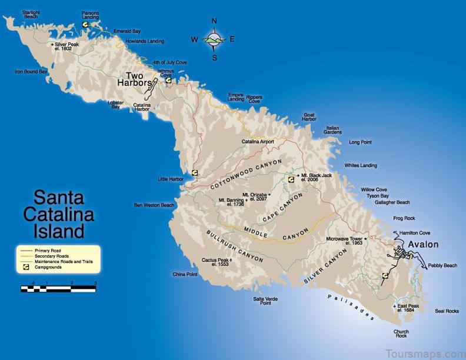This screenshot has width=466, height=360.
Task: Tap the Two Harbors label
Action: [141, 79]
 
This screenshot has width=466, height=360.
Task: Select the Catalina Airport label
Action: [258, 142]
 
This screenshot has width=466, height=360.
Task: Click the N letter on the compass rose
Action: [214, 22]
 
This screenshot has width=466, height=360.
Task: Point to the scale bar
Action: [58, 288]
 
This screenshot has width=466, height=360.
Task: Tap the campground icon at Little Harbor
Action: [194, 173]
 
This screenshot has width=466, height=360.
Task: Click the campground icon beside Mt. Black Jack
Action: [290, 180]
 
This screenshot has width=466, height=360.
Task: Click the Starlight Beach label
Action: [30, 14]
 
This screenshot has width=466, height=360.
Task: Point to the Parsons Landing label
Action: [90, 15]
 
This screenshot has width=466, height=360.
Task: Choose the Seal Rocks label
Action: [447, 311]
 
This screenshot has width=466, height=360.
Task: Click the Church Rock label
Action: [401, 334]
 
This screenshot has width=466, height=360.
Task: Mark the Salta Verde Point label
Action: [265, 301]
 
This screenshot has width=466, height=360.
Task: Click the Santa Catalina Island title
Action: [58, 213]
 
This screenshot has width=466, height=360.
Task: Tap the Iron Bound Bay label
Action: [31, 72]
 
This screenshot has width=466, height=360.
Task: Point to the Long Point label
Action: [360, 142]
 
